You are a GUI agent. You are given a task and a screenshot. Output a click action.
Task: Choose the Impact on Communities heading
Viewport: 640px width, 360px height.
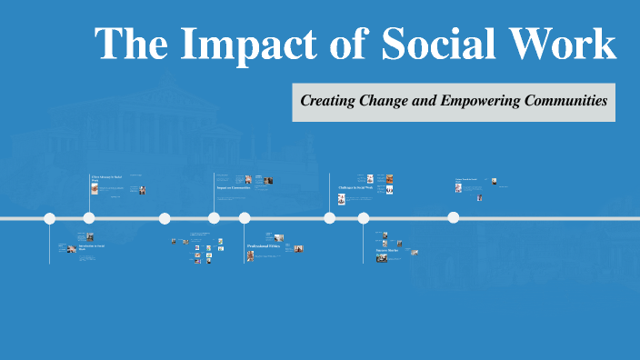(234, 188)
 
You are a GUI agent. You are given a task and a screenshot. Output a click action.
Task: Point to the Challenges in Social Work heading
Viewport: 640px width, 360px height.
(355, 188)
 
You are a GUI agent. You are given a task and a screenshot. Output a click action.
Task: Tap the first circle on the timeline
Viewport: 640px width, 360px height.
(50, 218)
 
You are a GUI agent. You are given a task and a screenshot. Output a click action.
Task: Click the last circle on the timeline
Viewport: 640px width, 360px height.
(453, 218)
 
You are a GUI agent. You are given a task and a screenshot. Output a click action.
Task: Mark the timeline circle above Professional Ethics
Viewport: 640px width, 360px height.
(245, 218)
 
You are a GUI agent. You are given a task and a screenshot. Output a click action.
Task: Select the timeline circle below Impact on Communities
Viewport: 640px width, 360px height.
(214, 218)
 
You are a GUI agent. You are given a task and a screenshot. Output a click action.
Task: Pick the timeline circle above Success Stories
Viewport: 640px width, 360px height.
(364, 218)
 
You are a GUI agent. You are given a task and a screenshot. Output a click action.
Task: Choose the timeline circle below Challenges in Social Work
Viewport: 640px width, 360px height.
(329, 218)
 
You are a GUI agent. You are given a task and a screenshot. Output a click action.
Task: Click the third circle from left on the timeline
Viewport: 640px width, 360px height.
(165, 218)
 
